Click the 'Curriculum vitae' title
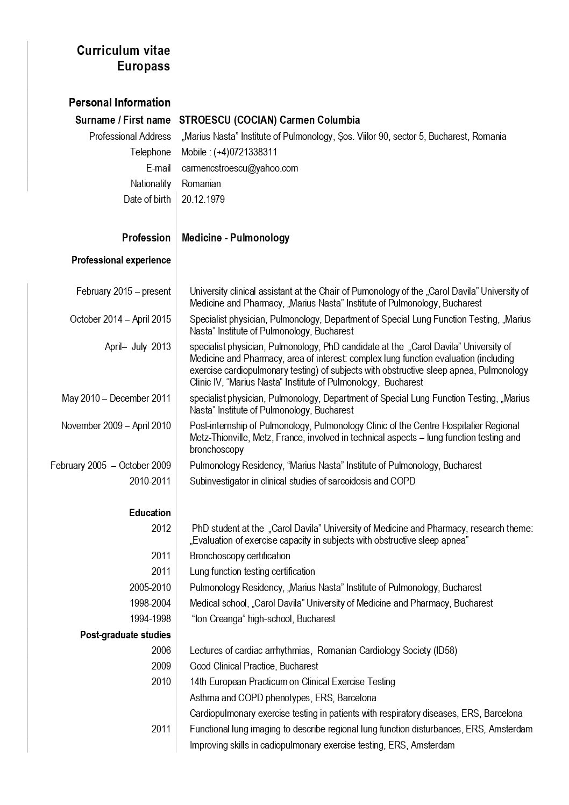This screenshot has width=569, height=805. (123, 51)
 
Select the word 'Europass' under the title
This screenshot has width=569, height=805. (144, 66)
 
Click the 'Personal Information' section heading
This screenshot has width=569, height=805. (119, 103)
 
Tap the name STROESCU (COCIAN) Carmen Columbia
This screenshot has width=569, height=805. (269, 120)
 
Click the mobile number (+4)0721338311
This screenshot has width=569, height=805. (245, 152)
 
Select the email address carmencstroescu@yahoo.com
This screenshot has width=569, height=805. (240, 168)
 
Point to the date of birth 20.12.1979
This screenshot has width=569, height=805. (203, 200)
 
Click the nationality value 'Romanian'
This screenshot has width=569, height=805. (201, 184)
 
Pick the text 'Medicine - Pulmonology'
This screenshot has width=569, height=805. (236, 238)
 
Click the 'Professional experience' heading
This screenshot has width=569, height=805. (121, 260)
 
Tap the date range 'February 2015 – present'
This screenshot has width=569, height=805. (124, 291)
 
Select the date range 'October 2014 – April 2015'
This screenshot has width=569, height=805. (120, 319)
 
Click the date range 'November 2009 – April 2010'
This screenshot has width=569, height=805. (116, 426)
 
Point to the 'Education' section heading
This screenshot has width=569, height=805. (150, 513)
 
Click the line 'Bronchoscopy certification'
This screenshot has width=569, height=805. (240, 556)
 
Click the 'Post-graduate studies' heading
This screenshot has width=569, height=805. (125, 635)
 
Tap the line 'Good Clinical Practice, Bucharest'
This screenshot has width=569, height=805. (254, 666)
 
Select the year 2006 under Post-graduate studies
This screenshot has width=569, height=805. (161, 651)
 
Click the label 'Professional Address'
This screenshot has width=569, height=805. (130, 137)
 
